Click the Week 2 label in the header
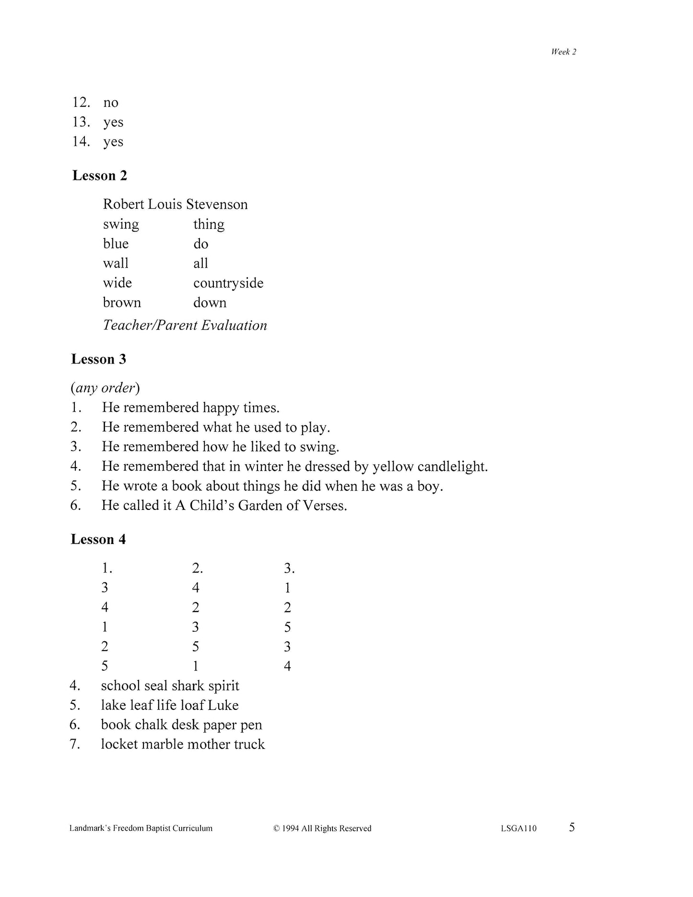coord(564,52)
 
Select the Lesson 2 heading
coord(100,176)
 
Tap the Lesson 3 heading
coord(99,359)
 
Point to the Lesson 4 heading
coord(98,539)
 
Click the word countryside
coord(228,283)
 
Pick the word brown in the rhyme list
coord(122,303)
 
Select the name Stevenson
coord(217,204)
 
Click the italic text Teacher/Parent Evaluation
coord(185,325)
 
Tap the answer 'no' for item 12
coord(111,103)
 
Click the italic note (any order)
coord(106,388)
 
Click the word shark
coord(187,685)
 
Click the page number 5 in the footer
coord(572,827)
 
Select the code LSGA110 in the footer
coord(518,828)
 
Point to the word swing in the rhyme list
coord(121,224)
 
